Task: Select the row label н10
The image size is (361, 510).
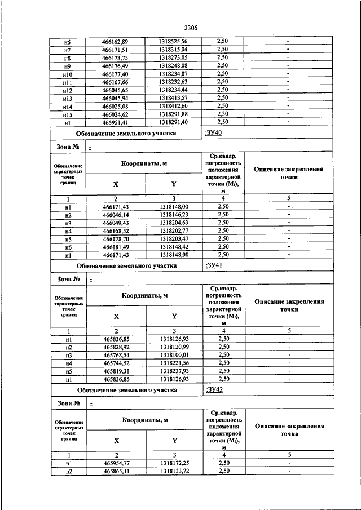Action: coord(67,74)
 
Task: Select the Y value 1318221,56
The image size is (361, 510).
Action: coord(174,363)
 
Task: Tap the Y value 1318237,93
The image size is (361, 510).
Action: coord(174,371)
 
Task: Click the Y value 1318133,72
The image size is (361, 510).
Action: coord(174,471)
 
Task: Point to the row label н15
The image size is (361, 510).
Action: coord(67,113)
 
